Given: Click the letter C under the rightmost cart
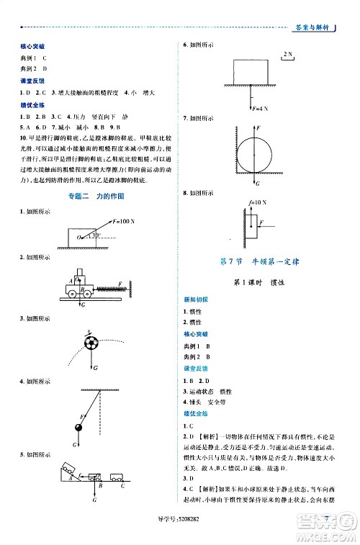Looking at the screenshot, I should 123,487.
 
